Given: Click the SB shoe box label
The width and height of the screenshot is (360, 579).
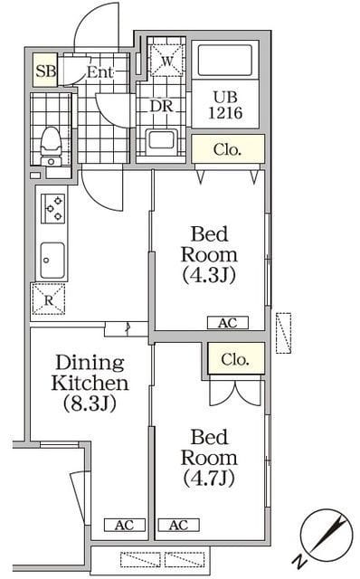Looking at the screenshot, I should pos(43,71).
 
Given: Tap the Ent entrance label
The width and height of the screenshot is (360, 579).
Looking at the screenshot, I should pos(99,72).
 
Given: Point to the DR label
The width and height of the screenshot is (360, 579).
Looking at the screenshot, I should pos(161,105).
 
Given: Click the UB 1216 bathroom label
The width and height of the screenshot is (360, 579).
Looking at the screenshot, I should pos(227,107).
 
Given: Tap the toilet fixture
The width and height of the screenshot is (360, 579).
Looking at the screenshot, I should pos(52,142).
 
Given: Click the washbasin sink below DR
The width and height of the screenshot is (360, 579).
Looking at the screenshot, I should pos(164,141).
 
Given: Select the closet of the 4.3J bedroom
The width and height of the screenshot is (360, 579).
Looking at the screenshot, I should pos(228,150).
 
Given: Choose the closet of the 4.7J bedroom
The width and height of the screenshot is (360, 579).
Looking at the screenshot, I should pos(238,359).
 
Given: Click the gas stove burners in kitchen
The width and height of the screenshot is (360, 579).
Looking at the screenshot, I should pos(52,209).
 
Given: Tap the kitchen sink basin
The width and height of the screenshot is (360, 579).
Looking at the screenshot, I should pos(51,260).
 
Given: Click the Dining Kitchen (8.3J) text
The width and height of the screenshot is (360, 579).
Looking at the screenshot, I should pos(89,383).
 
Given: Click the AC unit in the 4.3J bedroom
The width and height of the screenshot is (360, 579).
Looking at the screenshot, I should pos(227,322).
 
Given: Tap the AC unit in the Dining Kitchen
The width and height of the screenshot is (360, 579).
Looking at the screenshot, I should pos(123,525).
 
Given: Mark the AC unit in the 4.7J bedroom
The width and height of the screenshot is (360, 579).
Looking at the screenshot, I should pos(178,525).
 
